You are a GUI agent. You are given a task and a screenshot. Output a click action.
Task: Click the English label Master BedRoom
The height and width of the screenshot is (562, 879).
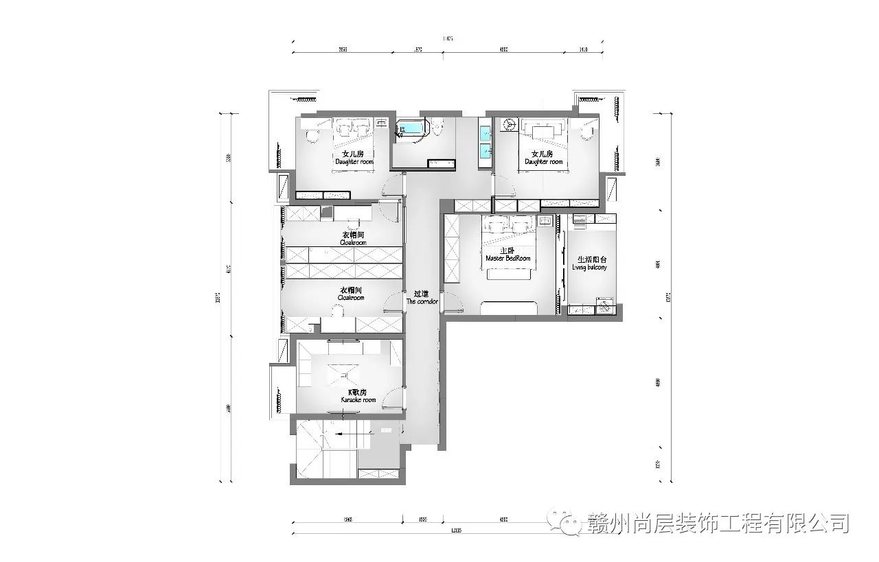click(508, 259)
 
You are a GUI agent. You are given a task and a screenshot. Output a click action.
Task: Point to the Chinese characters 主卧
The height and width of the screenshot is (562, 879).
click(507, 250)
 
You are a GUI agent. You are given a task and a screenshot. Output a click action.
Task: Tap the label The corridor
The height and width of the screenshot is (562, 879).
click(422, 302)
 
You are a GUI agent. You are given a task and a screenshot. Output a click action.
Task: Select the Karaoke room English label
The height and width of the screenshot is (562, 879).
click(358, 400)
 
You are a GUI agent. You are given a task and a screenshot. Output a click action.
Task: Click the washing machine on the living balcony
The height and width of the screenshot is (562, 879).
click(604, 306)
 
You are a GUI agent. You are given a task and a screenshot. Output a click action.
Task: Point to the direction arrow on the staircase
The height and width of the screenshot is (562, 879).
click(339, 434)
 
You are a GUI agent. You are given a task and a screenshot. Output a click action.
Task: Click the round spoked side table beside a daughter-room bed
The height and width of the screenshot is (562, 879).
click(510, 124)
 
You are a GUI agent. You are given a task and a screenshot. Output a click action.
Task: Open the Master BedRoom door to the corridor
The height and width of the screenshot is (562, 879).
click(452, 301)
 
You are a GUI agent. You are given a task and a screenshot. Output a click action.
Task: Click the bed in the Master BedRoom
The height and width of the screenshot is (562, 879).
click(510, 244)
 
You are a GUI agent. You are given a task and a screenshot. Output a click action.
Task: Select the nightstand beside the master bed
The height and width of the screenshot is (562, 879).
click(545, 221)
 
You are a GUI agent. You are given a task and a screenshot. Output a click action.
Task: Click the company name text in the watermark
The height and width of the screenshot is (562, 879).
click(718, 524)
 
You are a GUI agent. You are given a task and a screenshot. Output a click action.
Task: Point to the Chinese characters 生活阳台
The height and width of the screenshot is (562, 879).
click(591, 259)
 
